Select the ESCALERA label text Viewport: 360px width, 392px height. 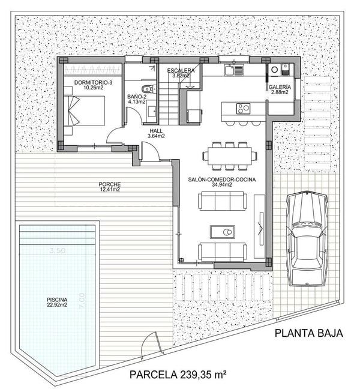[x=181, y=70]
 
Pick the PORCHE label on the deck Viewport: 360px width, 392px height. [x=110, y=184]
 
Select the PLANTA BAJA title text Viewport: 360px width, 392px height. [x=308, y=334]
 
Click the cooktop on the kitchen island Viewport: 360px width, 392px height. [x=243, y=109]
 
